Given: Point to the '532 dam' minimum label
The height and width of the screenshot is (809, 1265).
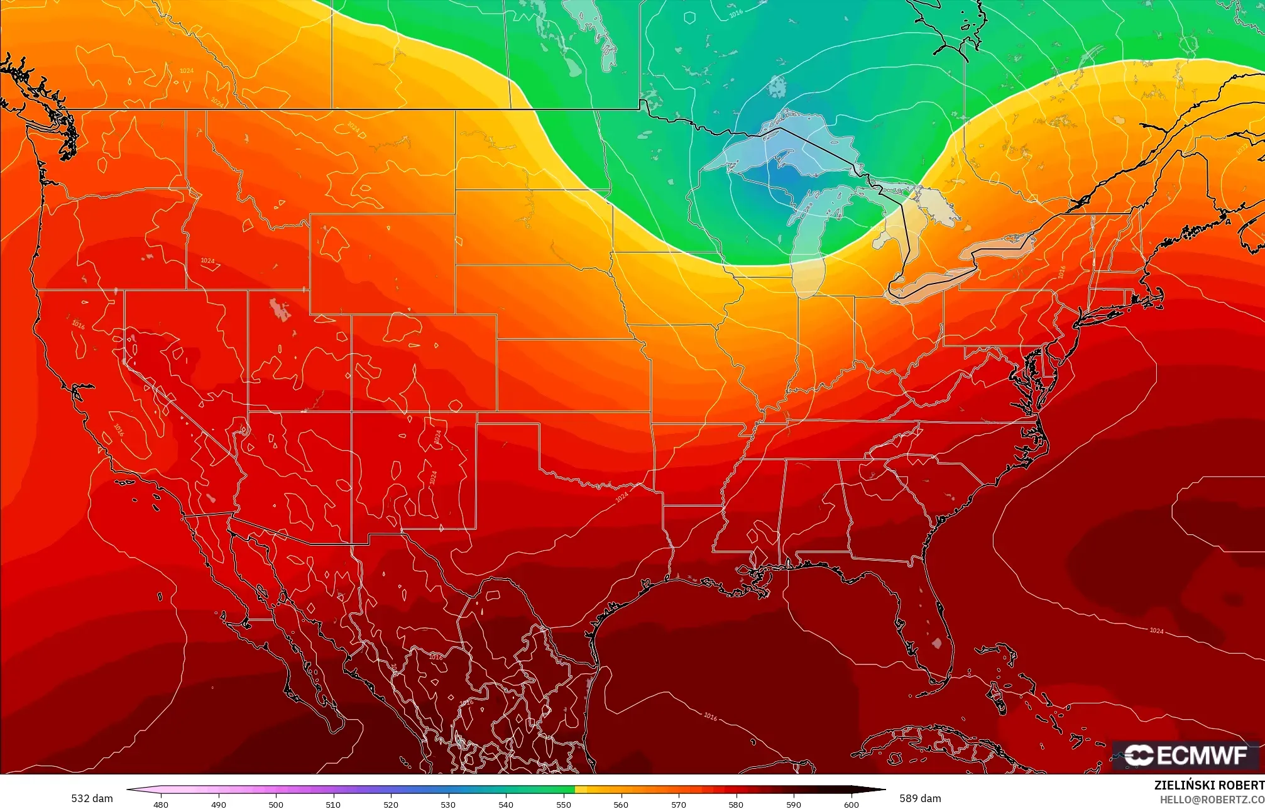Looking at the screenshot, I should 92,798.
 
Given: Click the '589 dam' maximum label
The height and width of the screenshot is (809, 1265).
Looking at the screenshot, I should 920,798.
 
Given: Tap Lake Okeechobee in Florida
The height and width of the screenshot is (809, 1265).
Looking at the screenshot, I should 937,643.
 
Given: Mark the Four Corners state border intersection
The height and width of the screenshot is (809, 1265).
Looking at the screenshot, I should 351,412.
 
